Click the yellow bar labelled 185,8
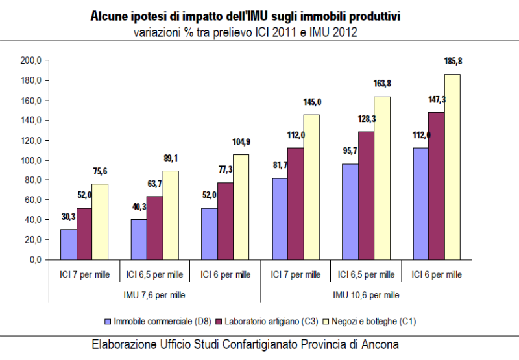click(452, 167)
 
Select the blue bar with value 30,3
click(68, 244)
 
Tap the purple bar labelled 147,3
click(436, 186)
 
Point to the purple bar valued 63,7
click(155, 228)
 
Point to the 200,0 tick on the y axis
click(31, 60)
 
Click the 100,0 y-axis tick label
click(31, 160)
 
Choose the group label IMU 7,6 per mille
click(154, 294)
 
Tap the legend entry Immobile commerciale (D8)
click(154, 321)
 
